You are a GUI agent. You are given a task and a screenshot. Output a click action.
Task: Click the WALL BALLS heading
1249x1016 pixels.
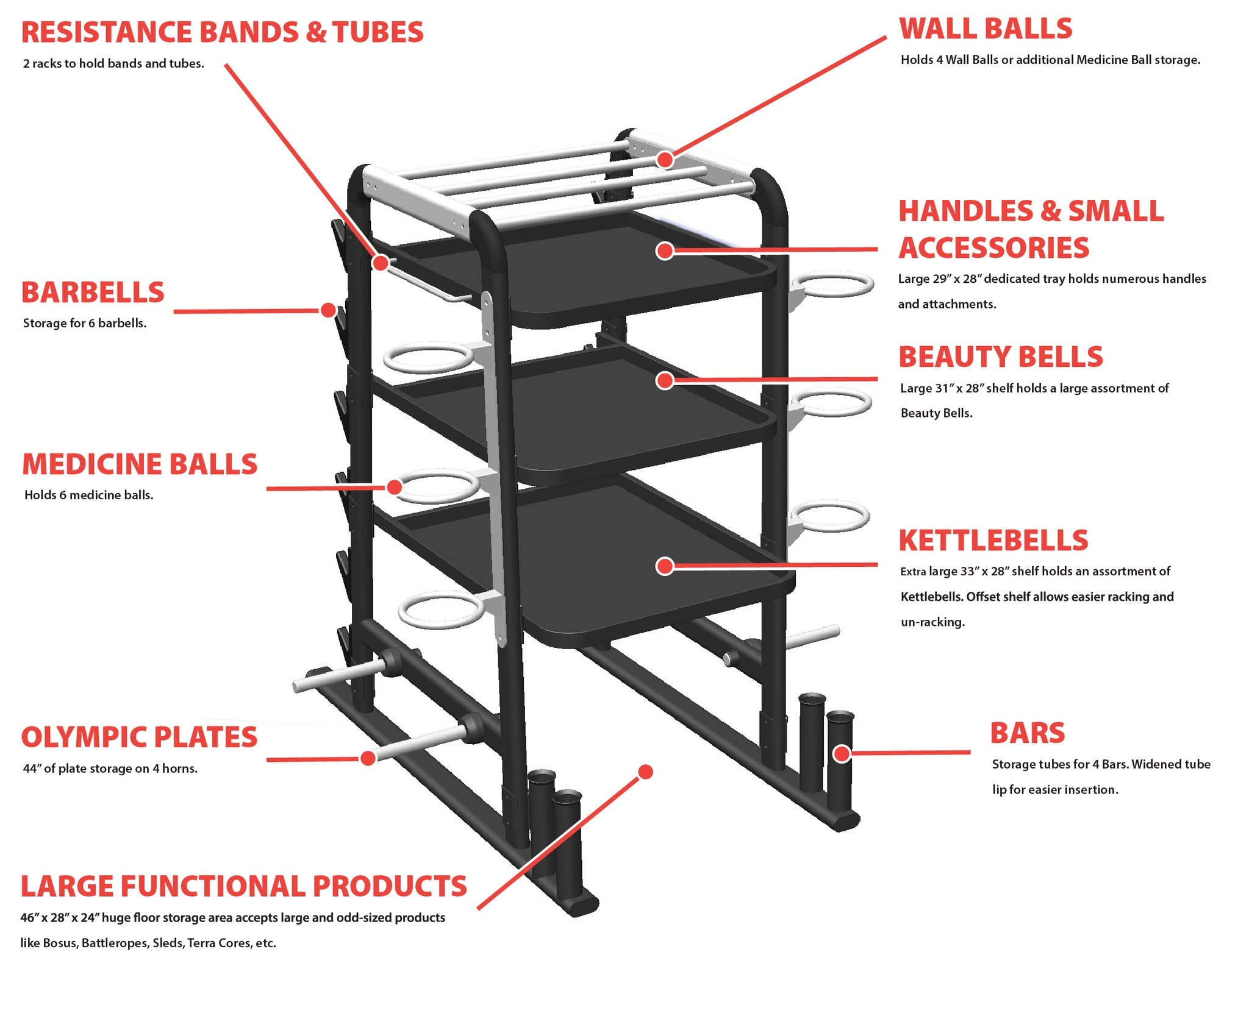click(x=985, y=29)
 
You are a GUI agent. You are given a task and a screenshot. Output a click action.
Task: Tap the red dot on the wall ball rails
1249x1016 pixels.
click(x=665, y=160)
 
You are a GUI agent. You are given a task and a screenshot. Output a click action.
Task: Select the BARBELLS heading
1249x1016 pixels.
click(x=93, y=293)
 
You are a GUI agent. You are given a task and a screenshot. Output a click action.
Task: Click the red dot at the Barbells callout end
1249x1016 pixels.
click(x=328, y=310)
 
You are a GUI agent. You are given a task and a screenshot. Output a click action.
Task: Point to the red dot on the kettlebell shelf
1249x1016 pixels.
click(x=665, y=566)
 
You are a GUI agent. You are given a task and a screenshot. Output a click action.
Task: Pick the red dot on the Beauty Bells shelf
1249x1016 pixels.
click(x=665, y=380)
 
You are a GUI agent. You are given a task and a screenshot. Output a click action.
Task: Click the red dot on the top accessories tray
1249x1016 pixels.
click(x=665, y=250)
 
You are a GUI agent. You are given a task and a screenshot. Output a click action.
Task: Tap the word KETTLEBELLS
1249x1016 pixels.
click(x=993, y=541)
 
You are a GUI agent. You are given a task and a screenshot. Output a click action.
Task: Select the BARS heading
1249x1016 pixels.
click(x=1027, y=733)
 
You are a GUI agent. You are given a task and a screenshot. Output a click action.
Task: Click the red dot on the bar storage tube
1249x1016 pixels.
click(x=842, y=754)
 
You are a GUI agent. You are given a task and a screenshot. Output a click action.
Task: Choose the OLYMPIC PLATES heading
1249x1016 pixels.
click(x=139, y=737)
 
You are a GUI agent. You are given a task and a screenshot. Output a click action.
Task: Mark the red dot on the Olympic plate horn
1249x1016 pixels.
click(x=368, y=758)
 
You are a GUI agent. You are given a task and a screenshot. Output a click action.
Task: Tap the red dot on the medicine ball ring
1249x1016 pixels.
click(x=394, y=487)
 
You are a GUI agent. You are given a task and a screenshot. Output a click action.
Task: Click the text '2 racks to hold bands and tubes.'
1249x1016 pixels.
click(x=113, y=63)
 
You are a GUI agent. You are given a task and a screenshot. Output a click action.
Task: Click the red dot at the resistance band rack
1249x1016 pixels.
click(x=380, y=263)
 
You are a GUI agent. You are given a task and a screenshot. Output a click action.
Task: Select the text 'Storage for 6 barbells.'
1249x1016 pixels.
click(x=85, y=323)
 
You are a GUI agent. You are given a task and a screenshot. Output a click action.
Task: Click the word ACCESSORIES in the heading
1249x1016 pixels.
click(x=993, y=248)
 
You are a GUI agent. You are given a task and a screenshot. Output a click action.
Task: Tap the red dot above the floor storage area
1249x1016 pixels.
click(x=645, y=772)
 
